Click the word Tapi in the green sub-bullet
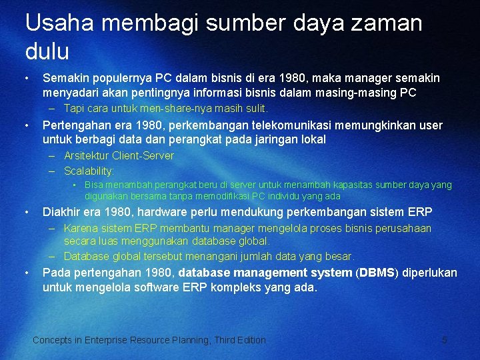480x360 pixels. pyautogui.click(x=74, y=108)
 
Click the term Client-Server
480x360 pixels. pyautogui.click(x=143, y=155)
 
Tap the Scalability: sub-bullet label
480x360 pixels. pyautogui.click(x=89, y=171)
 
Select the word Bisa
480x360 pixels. pyautogui.click(x=93, y=185)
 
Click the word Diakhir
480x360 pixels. pyautogui.click(x=63, y=212)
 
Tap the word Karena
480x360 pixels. pyautogui.click(x=79, y=228)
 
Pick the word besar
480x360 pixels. pyautogui.click(x=340, y=256)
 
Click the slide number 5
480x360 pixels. pyautogui.click(x=445, y=340)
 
